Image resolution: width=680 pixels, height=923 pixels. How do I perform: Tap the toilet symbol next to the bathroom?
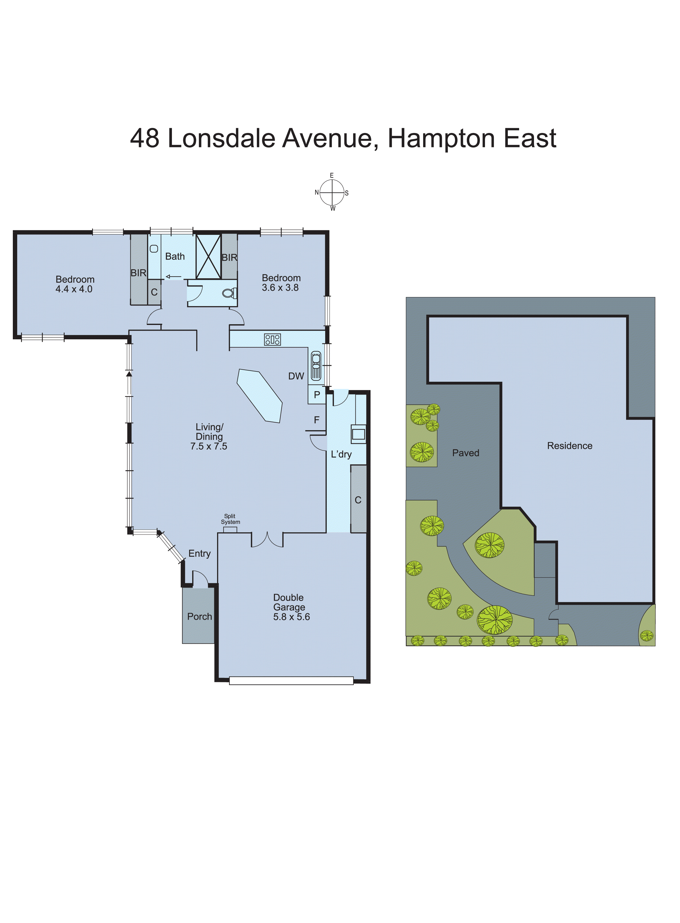click(x=229, y=293)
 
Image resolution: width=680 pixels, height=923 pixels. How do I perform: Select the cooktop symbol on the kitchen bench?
click(x=273, y=340)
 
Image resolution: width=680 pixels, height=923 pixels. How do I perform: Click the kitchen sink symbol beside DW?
click(x=316, y=365)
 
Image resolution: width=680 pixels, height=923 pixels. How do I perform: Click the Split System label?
click(x=230, y=519)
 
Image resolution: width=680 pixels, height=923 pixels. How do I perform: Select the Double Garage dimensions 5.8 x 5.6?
click(x=292, y=617)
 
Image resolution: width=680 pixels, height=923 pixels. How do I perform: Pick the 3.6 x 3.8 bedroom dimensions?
click(x=280, y=288)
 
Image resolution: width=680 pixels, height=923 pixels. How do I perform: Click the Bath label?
click(x=175, y=256)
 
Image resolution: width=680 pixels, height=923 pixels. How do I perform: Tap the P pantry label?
click(x=317, y=395)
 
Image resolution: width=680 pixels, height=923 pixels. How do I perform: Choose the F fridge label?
click(x=317, y=420)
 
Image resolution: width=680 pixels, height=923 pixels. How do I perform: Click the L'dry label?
click(x=341, y=455)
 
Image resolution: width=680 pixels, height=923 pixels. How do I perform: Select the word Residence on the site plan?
click(x=570, y=446)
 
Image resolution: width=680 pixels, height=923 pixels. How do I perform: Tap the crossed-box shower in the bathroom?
click(x=208, y=256)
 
